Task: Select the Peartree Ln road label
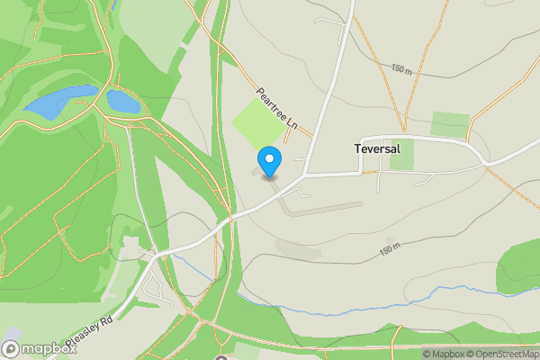click(x=276, y=108)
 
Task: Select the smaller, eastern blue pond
click(x=123, y=101)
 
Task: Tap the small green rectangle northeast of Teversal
click(x=450, y=124)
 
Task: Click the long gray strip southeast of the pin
click(x=324, y=208)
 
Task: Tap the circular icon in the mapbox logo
click(x=11, y=348)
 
